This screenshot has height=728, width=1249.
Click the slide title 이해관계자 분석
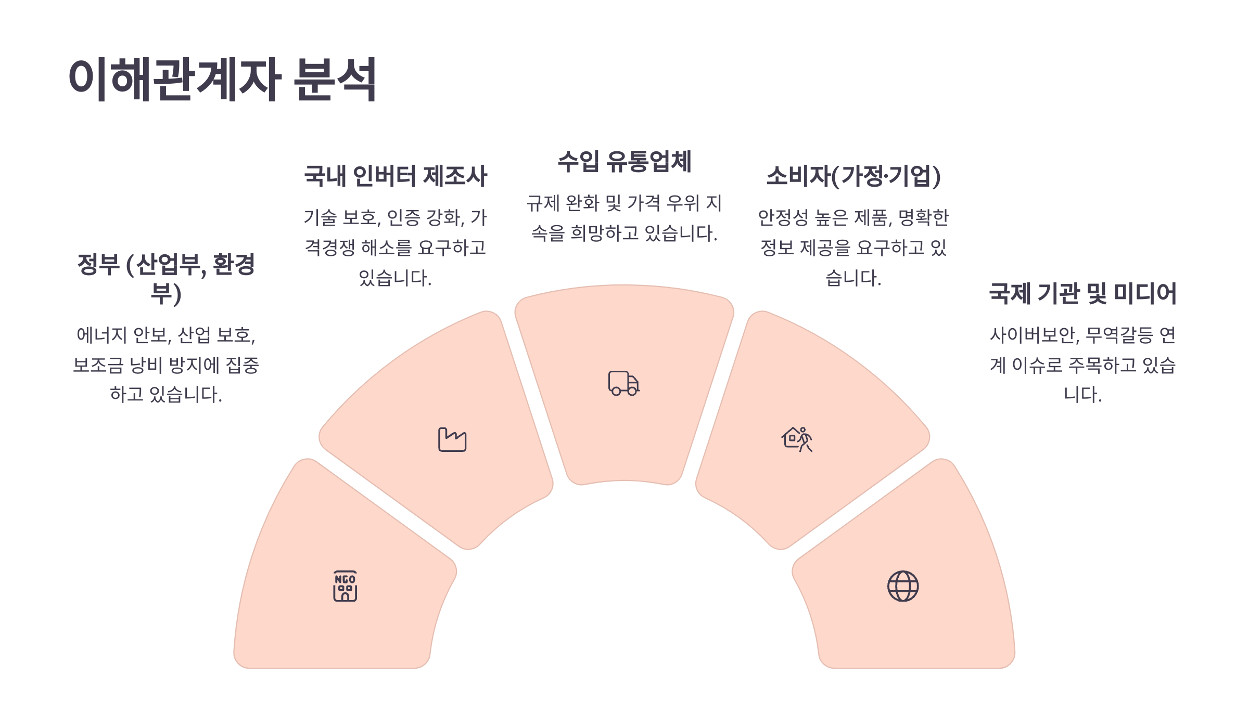point(222,79)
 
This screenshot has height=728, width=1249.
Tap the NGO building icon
point(345,586)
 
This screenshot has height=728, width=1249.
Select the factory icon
point(452,439)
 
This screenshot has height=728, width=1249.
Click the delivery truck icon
point(623,383)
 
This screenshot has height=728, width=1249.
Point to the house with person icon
point(797,439)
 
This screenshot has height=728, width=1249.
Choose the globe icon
point(903,586)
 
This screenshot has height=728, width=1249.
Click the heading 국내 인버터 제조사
point(396,176)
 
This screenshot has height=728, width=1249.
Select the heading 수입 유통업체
point(624,161)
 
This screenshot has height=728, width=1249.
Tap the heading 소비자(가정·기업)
point(853,176)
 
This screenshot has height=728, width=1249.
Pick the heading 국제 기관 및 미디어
point(1082,293)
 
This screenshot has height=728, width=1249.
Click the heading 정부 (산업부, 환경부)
point(166,278)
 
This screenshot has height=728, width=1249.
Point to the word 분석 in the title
point(335,79)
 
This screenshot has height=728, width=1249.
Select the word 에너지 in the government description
point(101,335)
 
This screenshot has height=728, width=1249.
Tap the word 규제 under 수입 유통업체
point(543,203)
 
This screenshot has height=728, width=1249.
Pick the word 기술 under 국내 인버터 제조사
point(320,218)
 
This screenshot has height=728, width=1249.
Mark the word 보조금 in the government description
point(98,365)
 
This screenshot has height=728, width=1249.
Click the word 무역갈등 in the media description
point(1119,335)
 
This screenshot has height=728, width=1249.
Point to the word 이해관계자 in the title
point(175,79)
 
